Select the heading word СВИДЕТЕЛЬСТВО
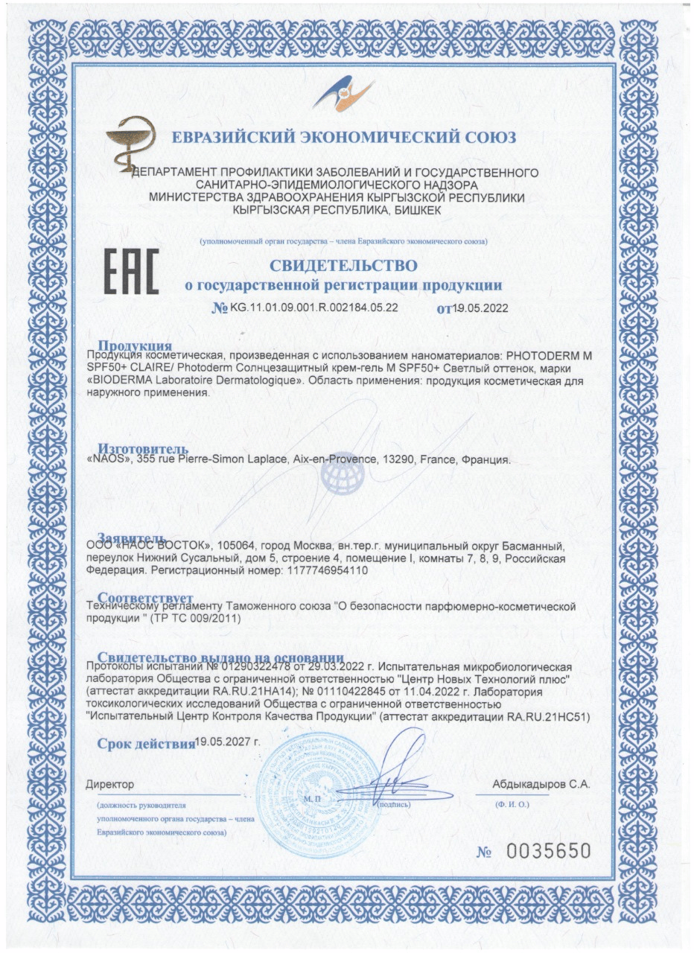(x=343, y=265)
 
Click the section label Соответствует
(x=146, y=598)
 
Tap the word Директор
(x=109, y=784)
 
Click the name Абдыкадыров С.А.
(x=541, y=784)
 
